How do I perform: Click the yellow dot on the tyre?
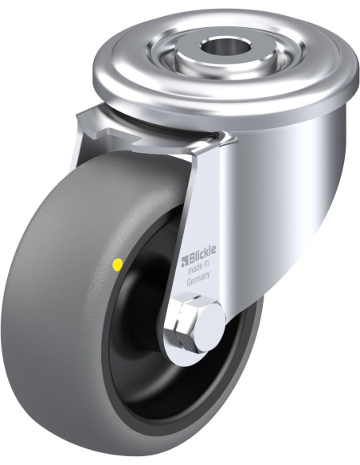118,264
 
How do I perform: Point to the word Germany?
198,279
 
